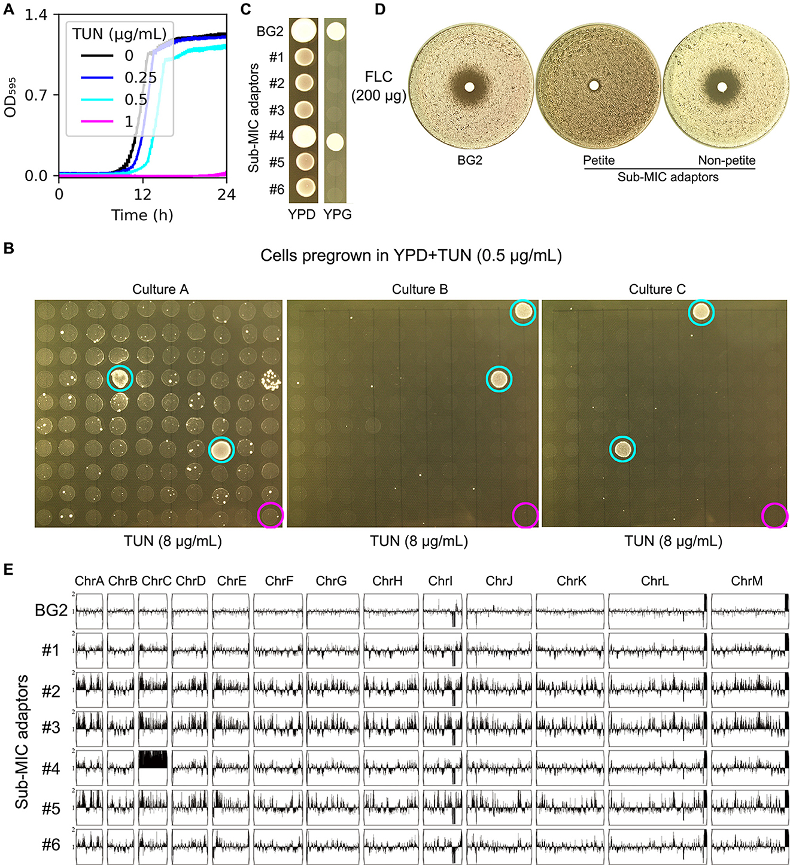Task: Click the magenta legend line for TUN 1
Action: [x=97, y=121]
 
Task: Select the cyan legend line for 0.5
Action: [x=97, y=99]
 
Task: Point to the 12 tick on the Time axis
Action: [x=142, y=194]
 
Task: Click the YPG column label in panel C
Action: [x=338, y=214]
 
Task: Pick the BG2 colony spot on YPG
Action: [x=336, y=31]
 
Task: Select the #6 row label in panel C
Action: [x=277, y=190]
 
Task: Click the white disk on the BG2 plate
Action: [x=469, y=87]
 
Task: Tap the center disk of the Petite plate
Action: [x=594, y=86]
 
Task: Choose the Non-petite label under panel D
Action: [x=727, y=160]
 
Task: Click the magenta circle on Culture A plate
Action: [x=270, y=515]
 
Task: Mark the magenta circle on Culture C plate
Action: [x=774, y=516]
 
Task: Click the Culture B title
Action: [x=420, y=290]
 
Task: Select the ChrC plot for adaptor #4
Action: [x=153, y=768]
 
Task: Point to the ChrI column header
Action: [x=440, y=581]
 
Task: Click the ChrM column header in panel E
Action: [x=746, y=581]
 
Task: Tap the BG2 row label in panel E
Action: [x=51, y=610]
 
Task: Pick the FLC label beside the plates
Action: [x=379, y=77]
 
